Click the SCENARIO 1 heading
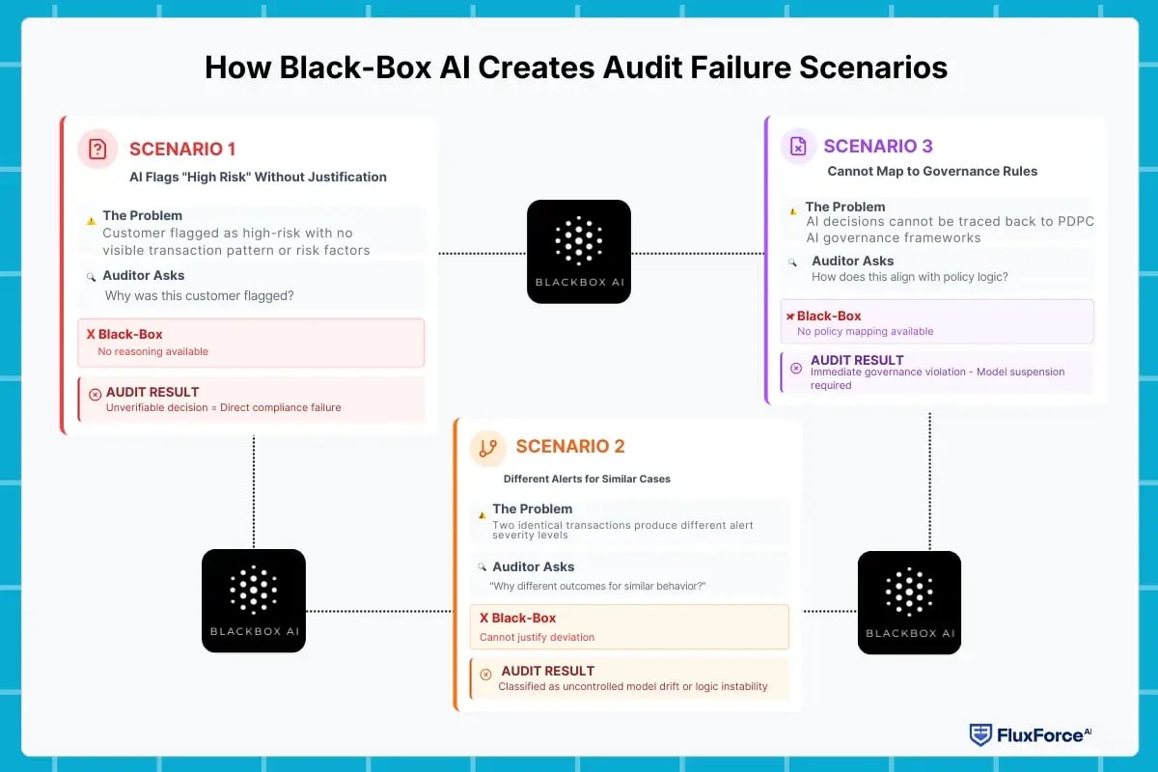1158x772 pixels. tap(182, 149)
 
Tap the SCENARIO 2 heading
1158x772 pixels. tap(570, 446)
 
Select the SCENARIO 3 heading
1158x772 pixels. tap(878, 146)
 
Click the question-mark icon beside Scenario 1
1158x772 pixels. tap(97, 149)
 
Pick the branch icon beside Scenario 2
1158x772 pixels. tap(488, 447)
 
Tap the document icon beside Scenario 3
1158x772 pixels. tap(798, 146)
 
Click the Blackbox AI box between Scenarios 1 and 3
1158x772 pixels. tap(579, 251)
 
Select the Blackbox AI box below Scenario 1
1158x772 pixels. tap(254, 600)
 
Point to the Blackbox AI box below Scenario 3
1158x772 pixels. tap(909, 602)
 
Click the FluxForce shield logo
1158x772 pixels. tap(980, 734)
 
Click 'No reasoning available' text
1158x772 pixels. tap(152, 351)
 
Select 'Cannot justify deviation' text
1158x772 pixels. tap(537, 637)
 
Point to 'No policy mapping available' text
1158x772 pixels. tap(865, 331)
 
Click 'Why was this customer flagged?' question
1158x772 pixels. tap(199, 295)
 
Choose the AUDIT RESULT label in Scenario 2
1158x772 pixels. tap(547, 671)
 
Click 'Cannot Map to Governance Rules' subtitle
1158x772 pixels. tap(932, 171)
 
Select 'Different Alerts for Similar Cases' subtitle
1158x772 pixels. tap(587, 479)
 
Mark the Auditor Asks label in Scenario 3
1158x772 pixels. tap(852, 261)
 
